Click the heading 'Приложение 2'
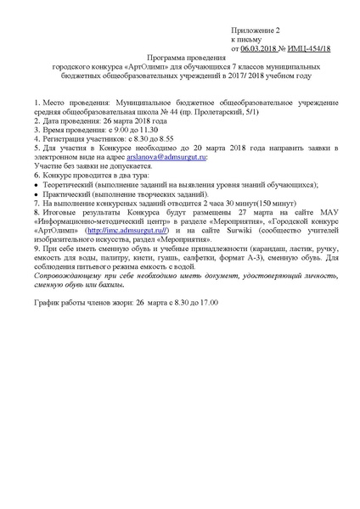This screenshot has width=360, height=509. (x=256, y=28)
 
